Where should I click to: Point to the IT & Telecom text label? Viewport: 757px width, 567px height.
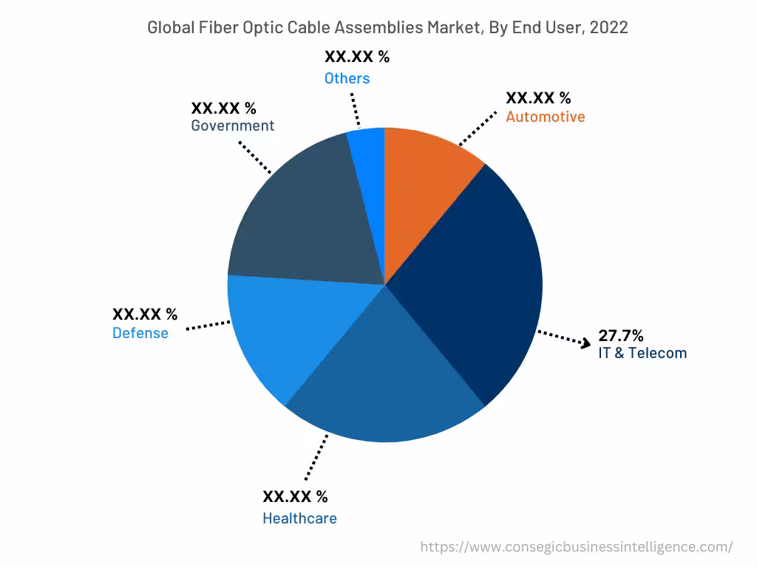coord(642,353)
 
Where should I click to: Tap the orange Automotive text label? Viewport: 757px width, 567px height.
coord(545,117)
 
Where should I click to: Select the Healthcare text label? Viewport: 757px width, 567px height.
coord(299,518)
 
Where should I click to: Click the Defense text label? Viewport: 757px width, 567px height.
coord(140,333)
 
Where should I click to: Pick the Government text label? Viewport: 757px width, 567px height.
coord(232,126)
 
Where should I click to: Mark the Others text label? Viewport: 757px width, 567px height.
coord(347,78)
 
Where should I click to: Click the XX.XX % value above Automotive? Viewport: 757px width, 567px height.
coord(538,98)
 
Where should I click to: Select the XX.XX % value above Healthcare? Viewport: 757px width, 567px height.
coord(295,496)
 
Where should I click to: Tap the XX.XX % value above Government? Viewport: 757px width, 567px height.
coord(223,109)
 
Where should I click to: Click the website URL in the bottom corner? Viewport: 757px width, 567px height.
coord(577,547)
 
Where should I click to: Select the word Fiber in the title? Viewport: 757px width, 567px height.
coord(220,28)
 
